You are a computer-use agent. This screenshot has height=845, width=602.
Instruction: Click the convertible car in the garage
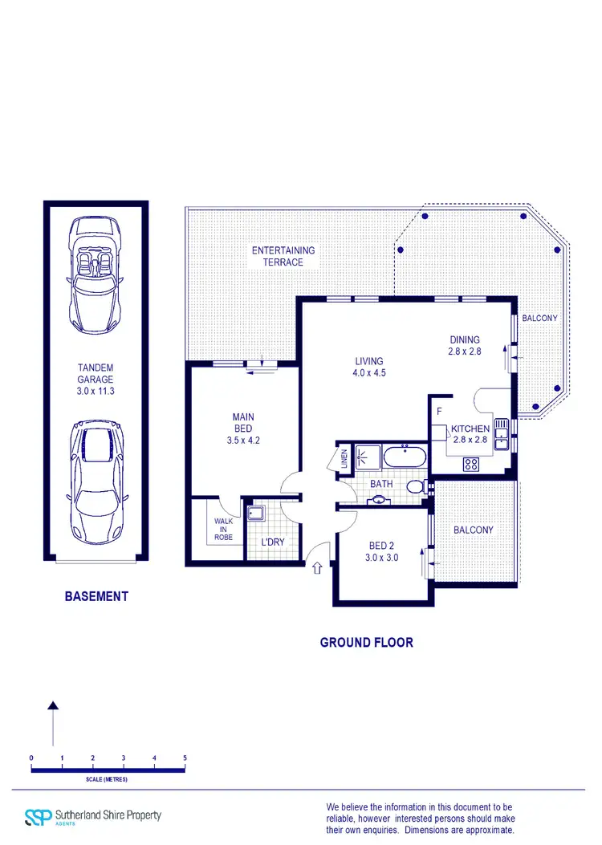point(96,268)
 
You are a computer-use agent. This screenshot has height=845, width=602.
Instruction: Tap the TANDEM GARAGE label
point(96,380)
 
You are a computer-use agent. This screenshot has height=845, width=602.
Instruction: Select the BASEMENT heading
point(96,596)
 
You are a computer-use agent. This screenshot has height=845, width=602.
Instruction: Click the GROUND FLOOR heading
point(366,642)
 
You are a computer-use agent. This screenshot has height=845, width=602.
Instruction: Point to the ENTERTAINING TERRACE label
point(283,256)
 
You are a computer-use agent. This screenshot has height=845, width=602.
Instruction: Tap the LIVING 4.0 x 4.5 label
point(369,367)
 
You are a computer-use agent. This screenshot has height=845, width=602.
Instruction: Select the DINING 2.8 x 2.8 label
point(464,345)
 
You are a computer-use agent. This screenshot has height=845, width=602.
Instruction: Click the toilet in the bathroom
point(415,486)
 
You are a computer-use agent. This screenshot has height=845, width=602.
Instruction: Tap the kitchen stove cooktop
point(470,463)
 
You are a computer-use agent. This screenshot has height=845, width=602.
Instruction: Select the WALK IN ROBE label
point(222,529)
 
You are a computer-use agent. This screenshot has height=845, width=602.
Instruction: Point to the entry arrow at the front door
point(317,568)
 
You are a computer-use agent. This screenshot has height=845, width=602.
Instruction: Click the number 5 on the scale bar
point(185,758)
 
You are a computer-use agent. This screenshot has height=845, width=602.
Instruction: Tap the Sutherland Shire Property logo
point(93,816)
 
